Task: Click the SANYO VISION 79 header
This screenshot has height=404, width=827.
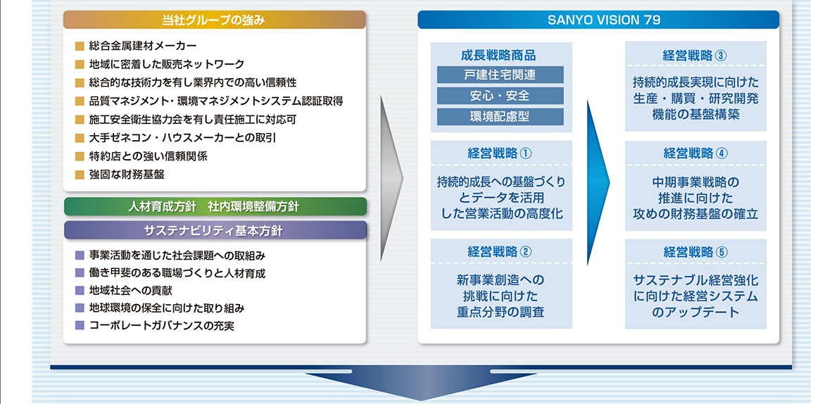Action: point(598,20)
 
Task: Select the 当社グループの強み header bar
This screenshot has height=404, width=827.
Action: point(214,20)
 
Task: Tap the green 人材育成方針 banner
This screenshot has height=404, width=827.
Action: point(214,207)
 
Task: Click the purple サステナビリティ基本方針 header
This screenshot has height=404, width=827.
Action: point(214,230)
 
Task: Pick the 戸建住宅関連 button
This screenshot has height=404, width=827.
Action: point(500,75)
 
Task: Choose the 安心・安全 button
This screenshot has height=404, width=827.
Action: point(500,96)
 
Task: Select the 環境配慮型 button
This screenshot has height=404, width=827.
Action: point(500,117)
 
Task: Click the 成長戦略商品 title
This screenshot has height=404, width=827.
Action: point(498,56)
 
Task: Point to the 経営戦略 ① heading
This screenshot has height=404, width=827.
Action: point(500,153)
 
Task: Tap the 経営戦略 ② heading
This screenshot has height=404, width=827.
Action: point(500,251)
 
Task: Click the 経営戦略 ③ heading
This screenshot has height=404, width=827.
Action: point(695,56)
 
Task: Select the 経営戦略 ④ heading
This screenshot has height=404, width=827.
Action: point(695,153)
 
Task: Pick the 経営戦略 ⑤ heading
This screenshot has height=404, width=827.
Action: point(695,251)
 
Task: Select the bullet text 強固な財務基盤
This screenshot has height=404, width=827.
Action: point(127,175)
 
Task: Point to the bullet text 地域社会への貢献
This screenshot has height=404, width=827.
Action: point(131,291)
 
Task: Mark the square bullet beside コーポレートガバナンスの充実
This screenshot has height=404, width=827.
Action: point(80,325)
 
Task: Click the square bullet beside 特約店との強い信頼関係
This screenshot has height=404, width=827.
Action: point(80,157)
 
